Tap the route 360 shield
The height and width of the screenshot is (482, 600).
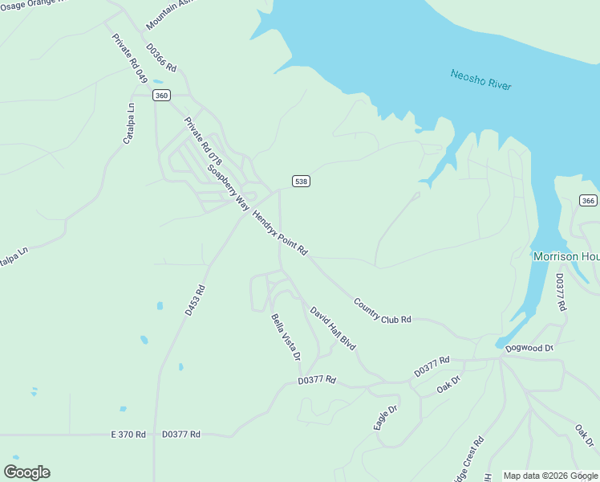(162, 96)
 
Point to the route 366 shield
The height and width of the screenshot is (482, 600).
(588, 201)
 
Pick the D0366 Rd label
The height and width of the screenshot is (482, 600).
(160, 59)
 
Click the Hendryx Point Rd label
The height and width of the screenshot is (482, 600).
(280, 233)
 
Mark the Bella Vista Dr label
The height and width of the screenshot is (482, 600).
(286, 337)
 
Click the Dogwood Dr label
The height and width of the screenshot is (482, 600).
(529, 348)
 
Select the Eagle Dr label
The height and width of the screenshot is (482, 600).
(386, 418)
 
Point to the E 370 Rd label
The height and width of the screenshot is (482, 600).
(128, 435)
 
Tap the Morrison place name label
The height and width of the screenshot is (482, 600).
(566, 256)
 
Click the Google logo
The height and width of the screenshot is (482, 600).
(26, 472)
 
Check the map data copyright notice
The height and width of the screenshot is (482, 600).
(551, 476)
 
